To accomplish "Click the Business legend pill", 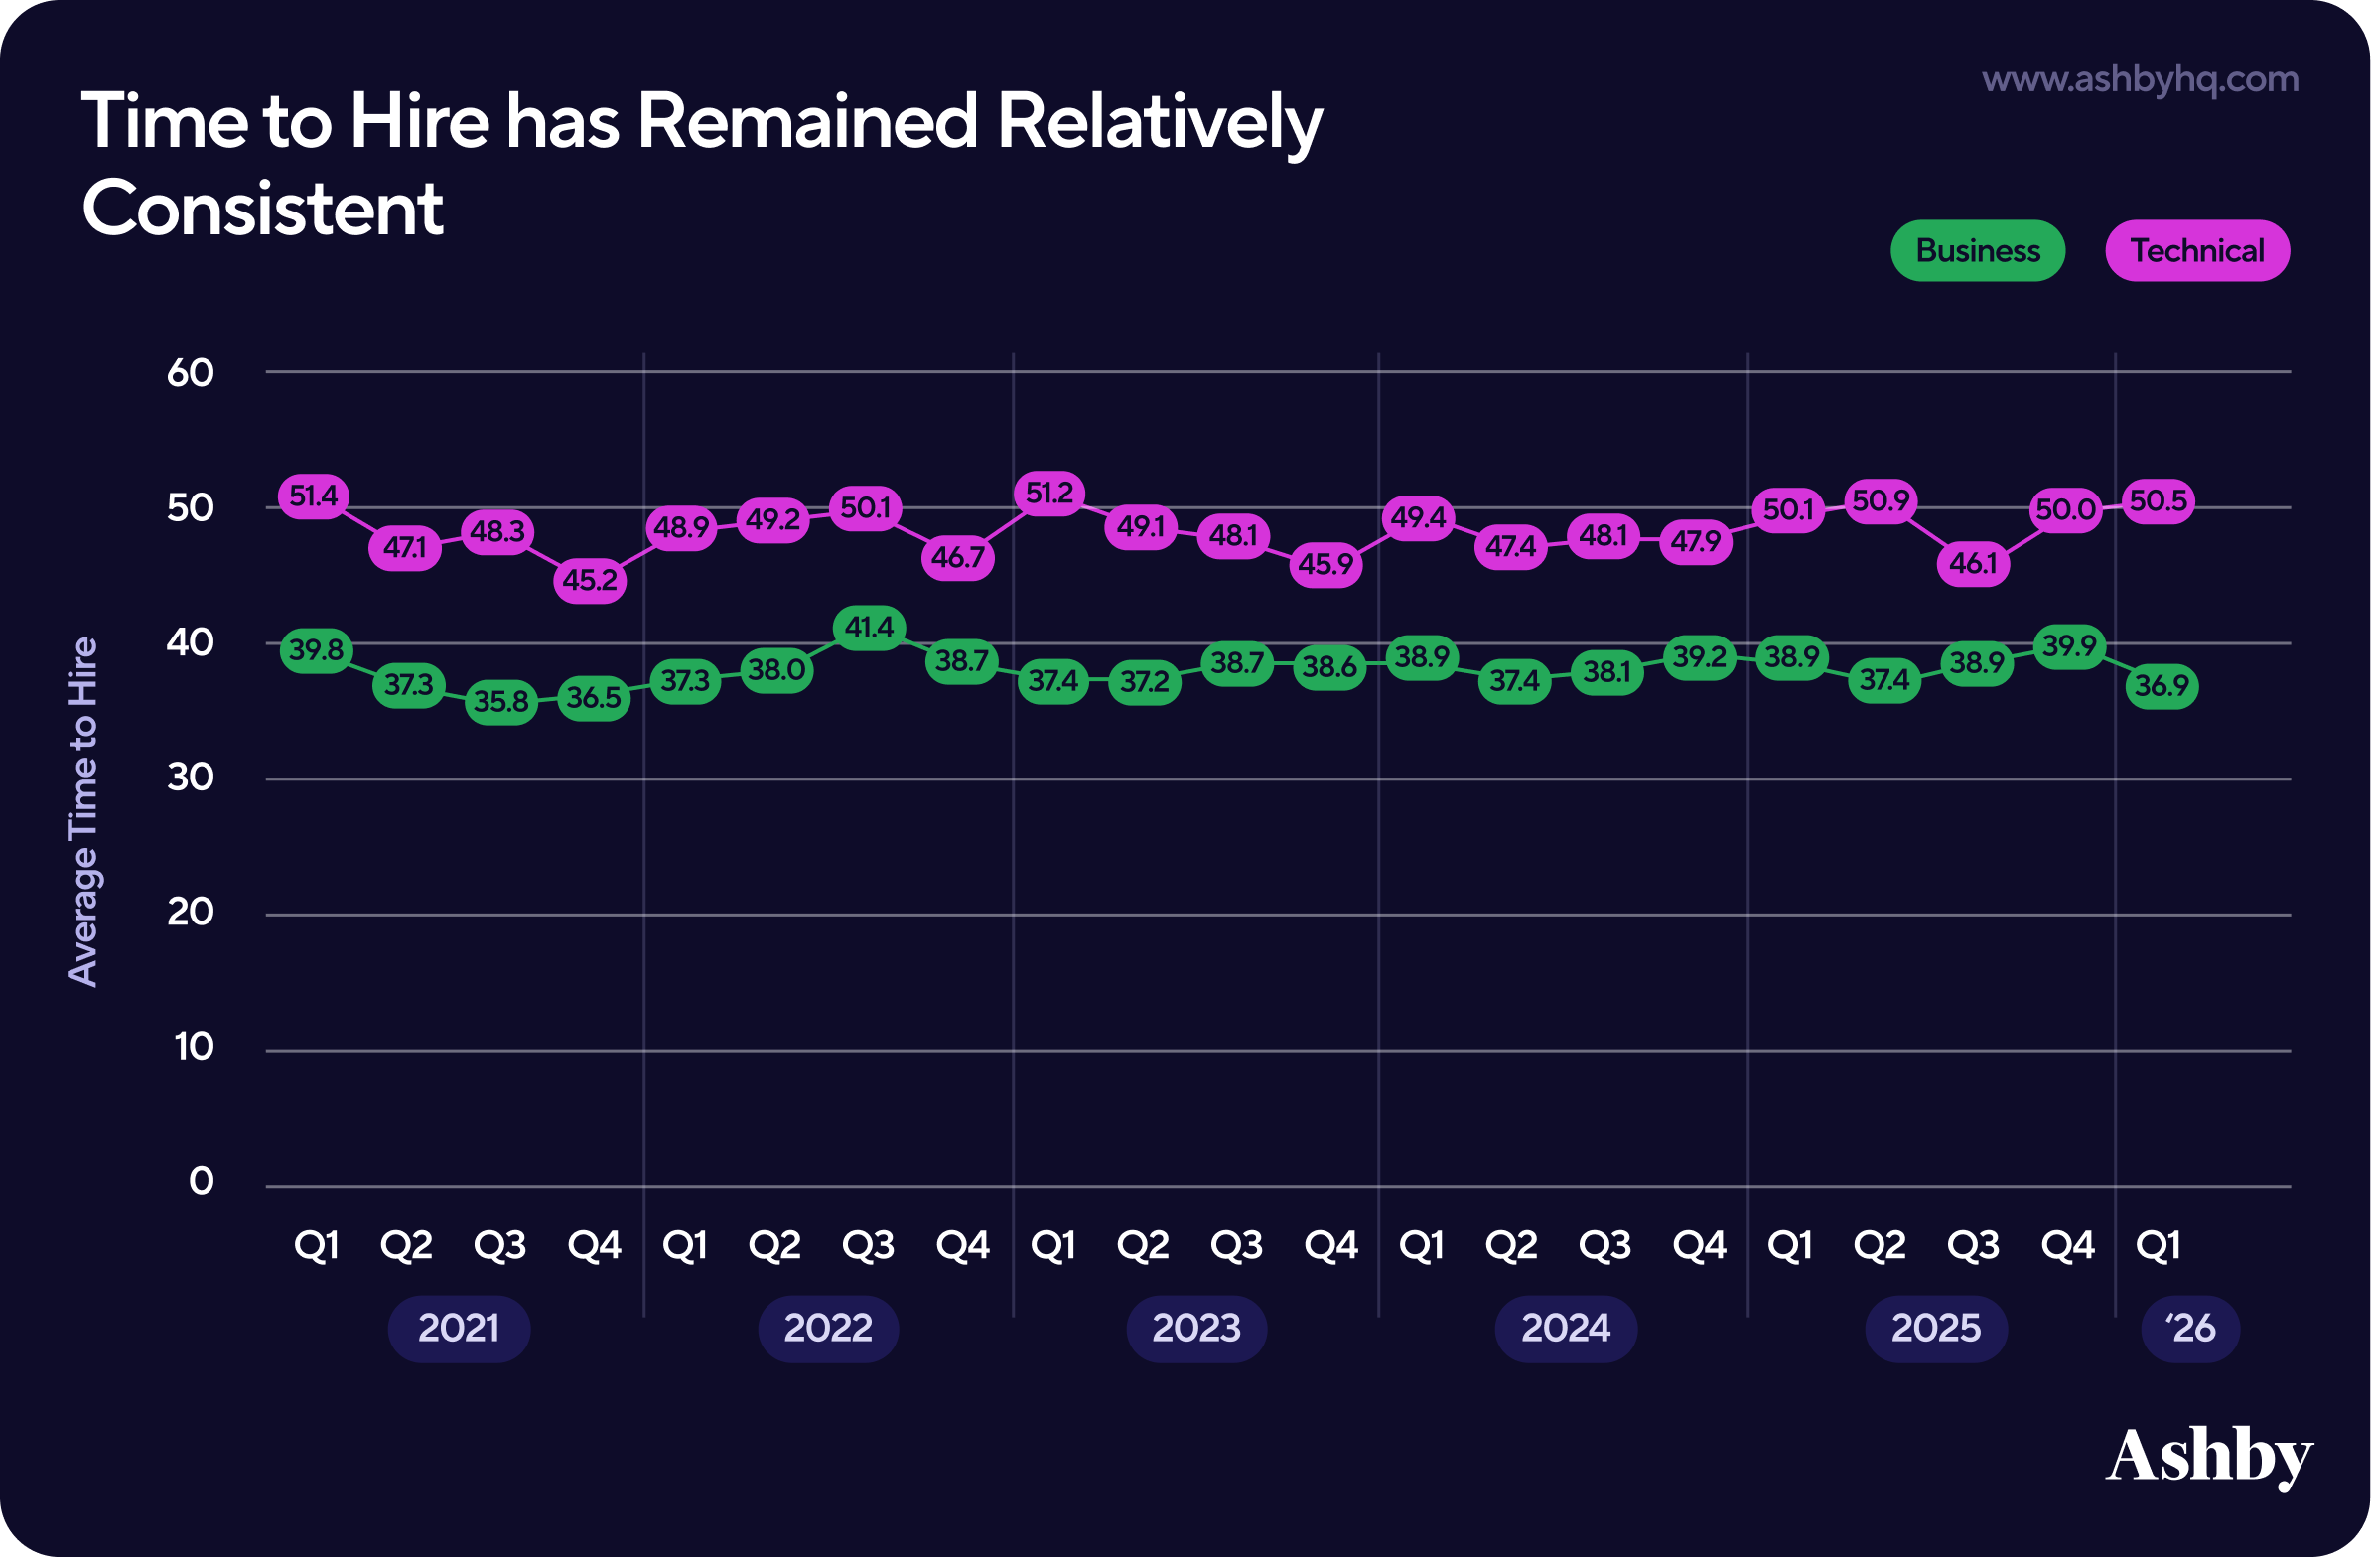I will [1977, 251].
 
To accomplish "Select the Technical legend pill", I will [2196, 251].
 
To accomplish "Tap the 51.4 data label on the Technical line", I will [314, 496].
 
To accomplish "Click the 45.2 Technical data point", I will [590, 580].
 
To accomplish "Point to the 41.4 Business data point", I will [869, 628].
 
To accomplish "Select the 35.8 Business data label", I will [501, 702].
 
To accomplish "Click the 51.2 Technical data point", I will [1050, 494].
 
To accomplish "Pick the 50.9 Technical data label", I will [1881, 500].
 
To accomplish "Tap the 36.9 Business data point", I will [2162, 686].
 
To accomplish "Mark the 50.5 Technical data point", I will [2158, 501].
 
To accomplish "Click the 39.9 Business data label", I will [2069, 647].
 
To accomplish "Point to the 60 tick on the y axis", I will [191, 373].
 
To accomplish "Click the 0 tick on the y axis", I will [202, 1182].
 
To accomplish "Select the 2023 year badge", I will [1196, 1328].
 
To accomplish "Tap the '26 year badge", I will [2189, 1328].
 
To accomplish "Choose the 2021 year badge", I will [459, 1328].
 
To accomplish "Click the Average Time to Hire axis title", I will [82, 812].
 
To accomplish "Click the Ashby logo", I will [2208, 1457].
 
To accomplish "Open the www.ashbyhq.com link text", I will [2140, 79].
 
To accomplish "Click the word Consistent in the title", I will [263, 210].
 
